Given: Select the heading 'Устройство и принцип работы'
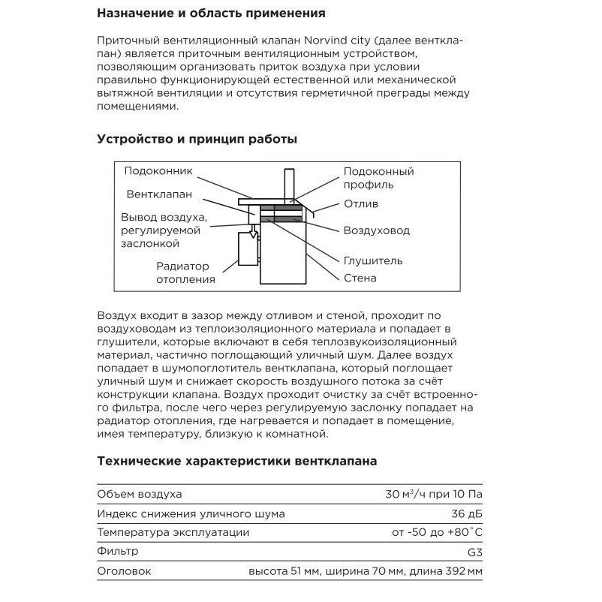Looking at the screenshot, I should click(x=197, y=139).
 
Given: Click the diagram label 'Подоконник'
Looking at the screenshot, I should click(x=158, y=171).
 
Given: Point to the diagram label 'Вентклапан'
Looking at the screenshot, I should click(x=159, y=194).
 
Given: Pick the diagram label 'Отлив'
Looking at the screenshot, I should click(x=361, y=204).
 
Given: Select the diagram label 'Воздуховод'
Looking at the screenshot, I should click(x=377, y=230).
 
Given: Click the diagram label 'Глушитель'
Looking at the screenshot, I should click(x=373, y=260).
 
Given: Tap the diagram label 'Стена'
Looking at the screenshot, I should click(x=360, y=278).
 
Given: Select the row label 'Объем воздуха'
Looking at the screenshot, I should click(x=140, y=494).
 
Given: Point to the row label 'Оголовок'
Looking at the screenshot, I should click(x=125, y=571).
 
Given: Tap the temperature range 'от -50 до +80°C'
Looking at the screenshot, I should click(x=437, y=532).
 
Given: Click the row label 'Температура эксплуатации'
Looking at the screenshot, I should click(x=173, y=532).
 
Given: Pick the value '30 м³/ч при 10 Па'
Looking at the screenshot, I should click(x=433, y=494).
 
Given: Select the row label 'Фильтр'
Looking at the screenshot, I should click(x=119, y=552).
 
